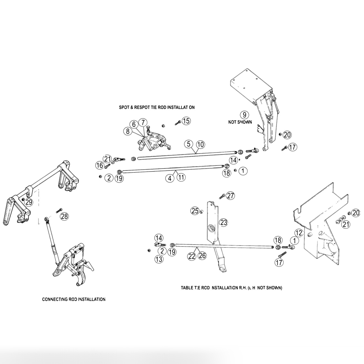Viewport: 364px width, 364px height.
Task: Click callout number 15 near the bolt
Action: click(x=186, y=121)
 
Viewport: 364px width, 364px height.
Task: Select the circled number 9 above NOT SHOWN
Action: click(x=244, y=115)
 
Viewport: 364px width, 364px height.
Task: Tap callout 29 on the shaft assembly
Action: click(x=29, y=202)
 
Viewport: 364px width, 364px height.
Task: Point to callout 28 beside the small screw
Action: click(x=64, y=216)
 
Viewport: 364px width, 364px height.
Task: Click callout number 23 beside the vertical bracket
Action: click(x=224, y=222)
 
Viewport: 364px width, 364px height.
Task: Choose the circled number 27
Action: click(x=230, y=196)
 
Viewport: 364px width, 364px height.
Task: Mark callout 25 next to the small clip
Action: click(x=195, y=211)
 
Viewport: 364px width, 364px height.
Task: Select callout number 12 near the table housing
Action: click(x=299, y=232)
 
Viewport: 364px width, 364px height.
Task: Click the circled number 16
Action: click(x=100, y=165)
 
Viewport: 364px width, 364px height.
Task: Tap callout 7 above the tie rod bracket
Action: click(x=143, y=122)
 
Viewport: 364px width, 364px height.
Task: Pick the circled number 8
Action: click(x=128, y=131)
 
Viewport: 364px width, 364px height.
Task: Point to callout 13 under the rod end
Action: click(x=158, y=258)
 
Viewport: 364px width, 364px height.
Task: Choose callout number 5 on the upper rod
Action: click(x=189, y=144)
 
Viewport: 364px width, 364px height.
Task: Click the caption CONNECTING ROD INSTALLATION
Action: click(x=74, y=299)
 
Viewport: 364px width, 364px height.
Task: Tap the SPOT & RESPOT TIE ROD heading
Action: click(x=157, y=108)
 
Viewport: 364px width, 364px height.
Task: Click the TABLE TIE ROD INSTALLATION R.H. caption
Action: click(x=231, y=288)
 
